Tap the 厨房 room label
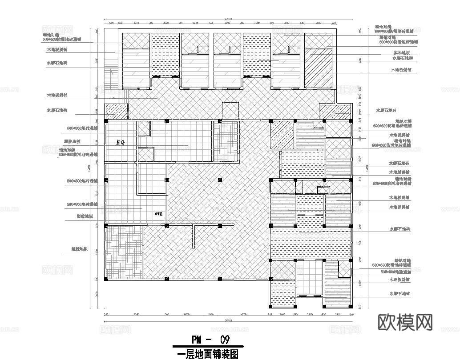(120, 143)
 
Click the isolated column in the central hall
(219, 180)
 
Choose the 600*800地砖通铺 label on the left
(82, 128)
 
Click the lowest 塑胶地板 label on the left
(79, 249)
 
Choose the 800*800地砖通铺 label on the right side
(395, 271)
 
